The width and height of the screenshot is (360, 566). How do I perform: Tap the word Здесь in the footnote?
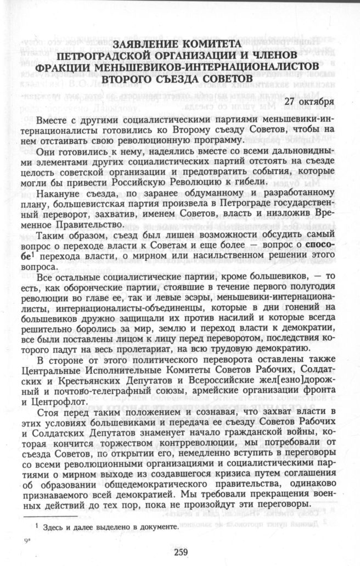44,526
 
